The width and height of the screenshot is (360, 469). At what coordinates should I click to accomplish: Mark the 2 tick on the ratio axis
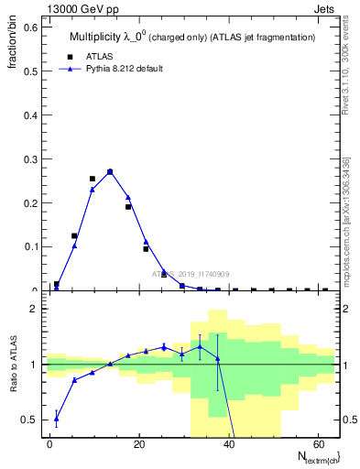[x=35, y=309]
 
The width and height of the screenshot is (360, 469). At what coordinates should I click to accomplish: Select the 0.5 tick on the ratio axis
[x=30, y=420]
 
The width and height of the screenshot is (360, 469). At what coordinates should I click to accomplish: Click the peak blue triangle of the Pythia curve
[x=110, y=171]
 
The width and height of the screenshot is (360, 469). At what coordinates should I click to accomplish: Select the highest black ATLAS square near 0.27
[x=110, y=171]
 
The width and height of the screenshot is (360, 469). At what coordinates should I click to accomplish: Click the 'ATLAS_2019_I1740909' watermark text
[x=192, y=274]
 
